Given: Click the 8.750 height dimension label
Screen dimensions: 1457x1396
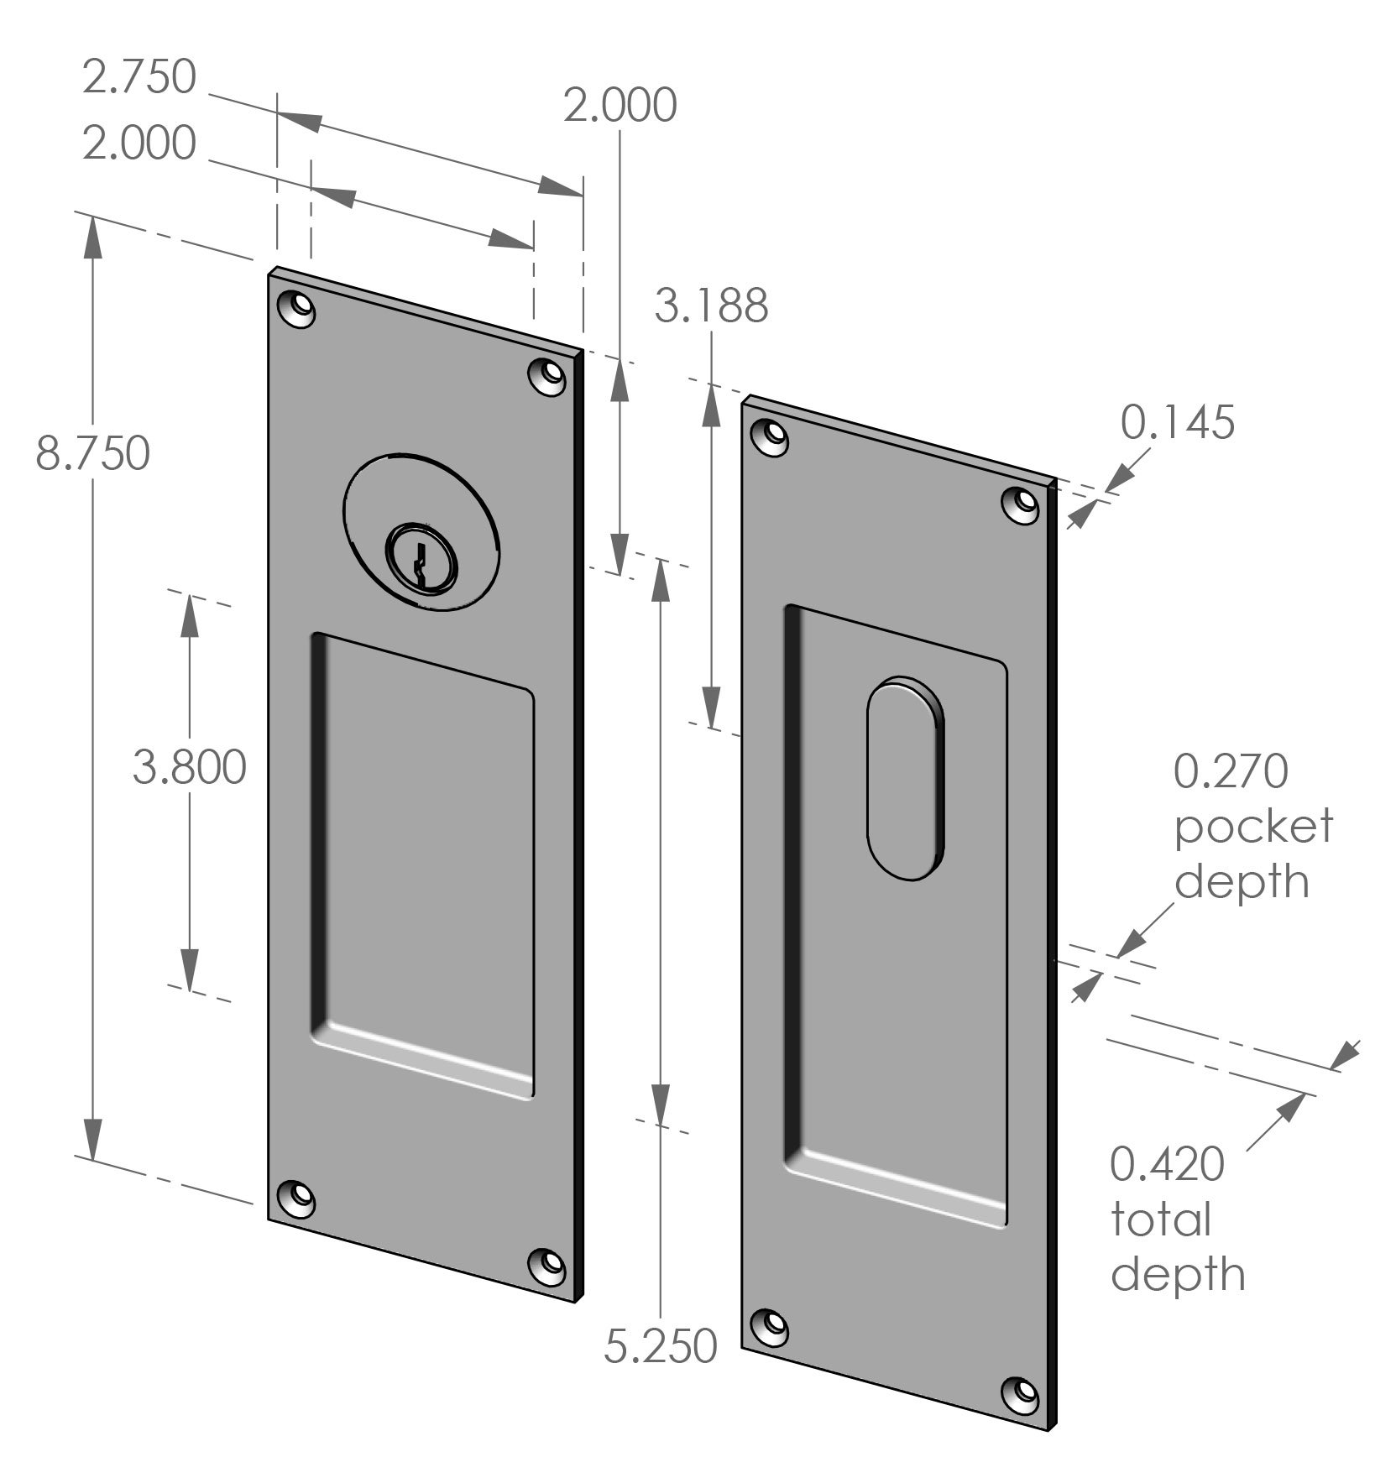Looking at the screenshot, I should pos(92,454).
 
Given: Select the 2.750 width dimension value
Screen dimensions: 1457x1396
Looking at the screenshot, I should pos(139,77).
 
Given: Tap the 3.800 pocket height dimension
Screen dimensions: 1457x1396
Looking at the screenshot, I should pos(190,768).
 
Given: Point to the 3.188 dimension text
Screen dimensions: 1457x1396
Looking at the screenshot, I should pos(711,306).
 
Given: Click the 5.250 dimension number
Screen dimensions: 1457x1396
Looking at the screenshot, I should pos(661,1346).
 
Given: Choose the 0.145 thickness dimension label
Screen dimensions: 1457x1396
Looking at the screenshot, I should pos(1178,422).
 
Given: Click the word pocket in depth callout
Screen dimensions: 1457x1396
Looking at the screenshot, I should pos(1252,827).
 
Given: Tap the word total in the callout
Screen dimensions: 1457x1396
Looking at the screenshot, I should pos(1161,1219).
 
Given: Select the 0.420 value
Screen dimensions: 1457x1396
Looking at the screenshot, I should pos(1168,1164).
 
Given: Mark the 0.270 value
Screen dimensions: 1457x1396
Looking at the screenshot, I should pos(1230,771).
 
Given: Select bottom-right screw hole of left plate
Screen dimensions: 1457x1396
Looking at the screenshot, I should pos(548,1265).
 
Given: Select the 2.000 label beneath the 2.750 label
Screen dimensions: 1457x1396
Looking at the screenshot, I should pos(139,144).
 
